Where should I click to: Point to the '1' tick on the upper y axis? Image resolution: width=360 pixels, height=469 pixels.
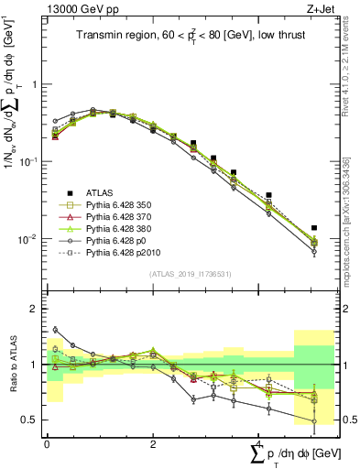point(37,84)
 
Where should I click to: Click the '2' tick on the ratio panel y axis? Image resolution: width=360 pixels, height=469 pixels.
point(37,309)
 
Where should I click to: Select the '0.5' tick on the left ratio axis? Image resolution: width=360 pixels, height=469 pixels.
point(33,420)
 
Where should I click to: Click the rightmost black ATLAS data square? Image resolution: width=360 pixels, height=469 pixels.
point(314,228)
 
